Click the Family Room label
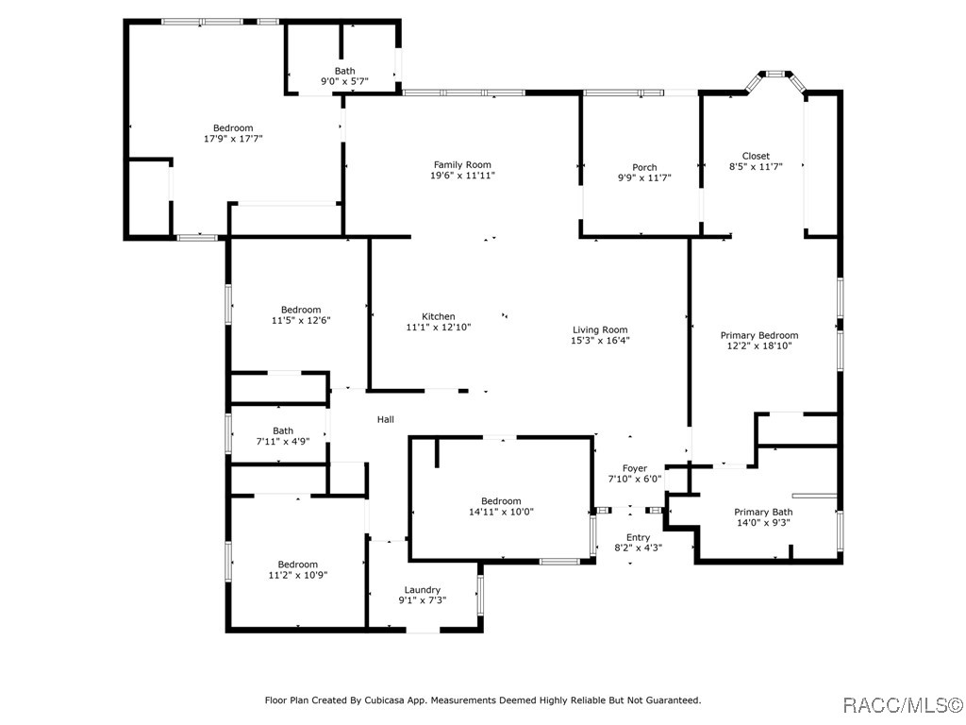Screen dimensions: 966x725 (x=462, y=164)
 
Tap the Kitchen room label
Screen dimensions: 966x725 (x=439, y=316)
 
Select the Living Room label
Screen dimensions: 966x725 (x=600, y=329)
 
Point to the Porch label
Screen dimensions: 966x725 (x=644, y=167)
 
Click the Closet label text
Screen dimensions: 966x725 (x=756, y=156)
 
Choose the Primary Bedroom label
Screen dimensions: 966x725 (x=759, y=335)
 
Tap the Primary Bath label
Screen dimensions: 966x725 (x=763, y=512)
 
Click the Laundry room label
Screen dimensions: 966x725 (x=423, y=590)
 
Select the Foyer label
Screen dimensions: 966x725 (x=635, y=468)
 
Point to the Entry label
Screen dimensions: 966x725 (x=639, y=537)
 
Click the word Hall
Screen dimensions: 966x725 (x=386, y=419)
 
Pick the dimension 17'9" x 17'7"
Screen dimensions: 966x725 (x=234, y=139)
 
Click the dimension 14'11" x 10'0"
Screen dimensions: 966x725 (x=502, y=511)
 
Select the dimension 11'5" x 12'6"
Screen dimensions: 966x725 (x=301, y=320)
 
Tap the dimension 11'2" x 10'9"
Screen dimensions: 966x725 (x=297, y=575)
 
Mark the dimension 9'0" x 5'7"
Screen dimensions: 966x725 (x=345, y=81)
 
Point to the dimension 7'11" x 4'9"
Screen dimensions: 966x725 (x=283, y=441)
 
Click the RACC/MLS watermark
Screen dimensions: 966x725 (x=902, y=704)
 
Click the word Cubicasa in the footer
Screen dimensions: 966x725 (x=384, y=700)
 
